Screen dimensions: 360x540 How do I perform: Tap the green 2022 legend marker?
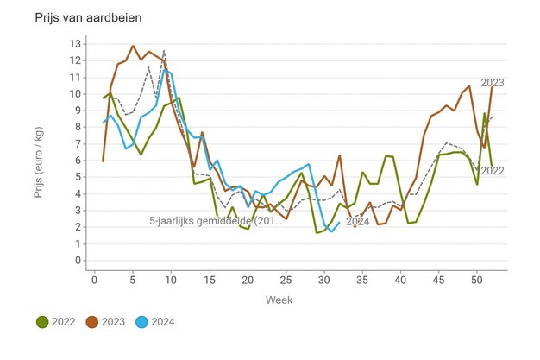[42, 322]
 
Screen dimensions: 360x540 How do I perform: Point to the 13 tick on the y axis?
[76, 44]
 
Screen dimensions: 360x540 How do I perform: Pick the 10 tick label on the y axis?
[76, 94]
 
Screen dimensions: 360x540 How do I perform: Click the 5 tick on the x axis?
[133, 280]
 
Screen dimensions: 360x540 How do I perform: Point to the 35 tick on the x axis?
[362, 280]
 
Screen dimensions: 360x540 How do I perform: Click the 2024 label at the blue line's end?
[358, 221]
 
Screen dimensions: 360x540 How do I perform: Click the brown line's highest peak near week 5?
[133, 46]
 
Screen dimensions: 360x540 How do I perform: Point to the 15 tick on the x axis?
[210, 280]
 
